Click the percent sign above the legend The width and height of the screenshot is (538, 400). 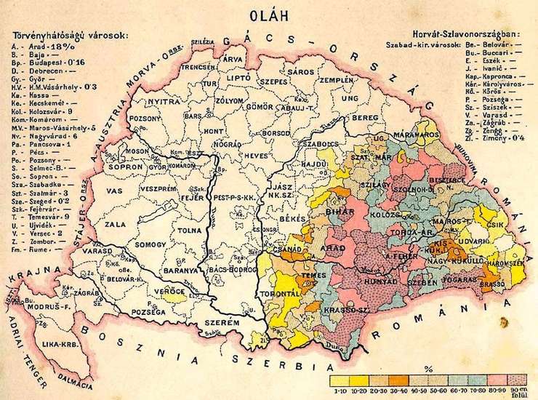429,368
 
